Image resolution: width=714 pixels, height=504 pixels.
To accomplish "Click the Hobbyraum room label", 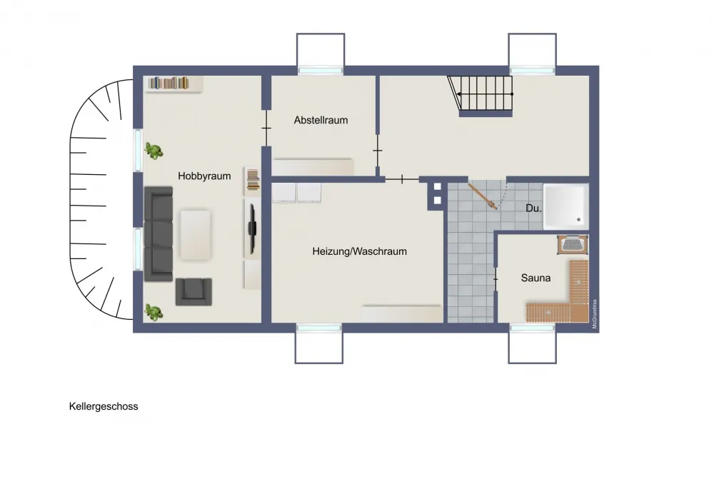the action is coord(204,176).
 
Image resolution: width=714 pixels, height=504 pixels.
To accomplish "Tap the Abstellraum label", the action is coord(321,120).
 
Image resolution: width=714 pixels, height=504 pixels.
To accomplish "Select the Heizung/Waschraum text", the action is coord(359,251).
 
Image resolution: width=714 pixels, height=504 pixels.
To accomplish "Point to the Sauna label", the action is coord(535,278).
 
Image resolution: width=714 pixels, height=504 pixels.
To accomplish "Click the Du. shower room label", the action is coord(533,208).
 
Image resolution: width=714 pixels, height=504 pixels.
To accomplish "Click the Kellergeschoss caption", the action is coord(104,407).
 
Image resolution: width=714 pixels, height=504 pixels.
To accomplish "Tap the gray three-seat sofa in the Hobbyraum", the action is coord(159,233).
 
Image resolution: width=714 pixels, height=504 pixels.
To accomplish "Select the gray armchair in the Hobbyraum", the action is coord(193,291).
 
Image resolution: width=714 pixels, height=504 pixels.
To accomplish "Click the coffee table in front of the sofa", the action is coord(196,234).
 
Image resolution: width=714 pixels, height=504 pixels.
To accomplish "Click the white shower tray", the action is coord(565,207).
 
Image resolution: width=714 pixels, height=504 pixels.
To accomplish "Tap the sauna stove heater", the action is coord(573,244).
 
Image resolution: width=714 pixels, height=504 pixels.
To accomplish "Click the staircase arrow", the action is coord(485,94).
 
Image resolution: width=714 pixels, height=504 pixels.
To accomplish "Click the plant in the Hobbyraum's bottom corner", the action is coord(154,312).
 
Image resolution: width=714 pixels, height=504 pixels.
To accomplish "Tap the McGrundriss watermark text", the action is coord(594,313).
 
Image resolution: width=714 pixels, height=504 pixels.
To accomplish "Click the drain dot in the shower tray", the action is coord(579,220).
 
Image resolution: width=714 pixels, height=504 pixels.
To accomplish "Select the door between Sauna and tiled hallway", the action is coord(496,278).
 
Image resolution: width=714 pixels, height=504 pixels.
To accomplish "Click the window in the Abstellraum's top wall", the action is coord(321,71).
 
